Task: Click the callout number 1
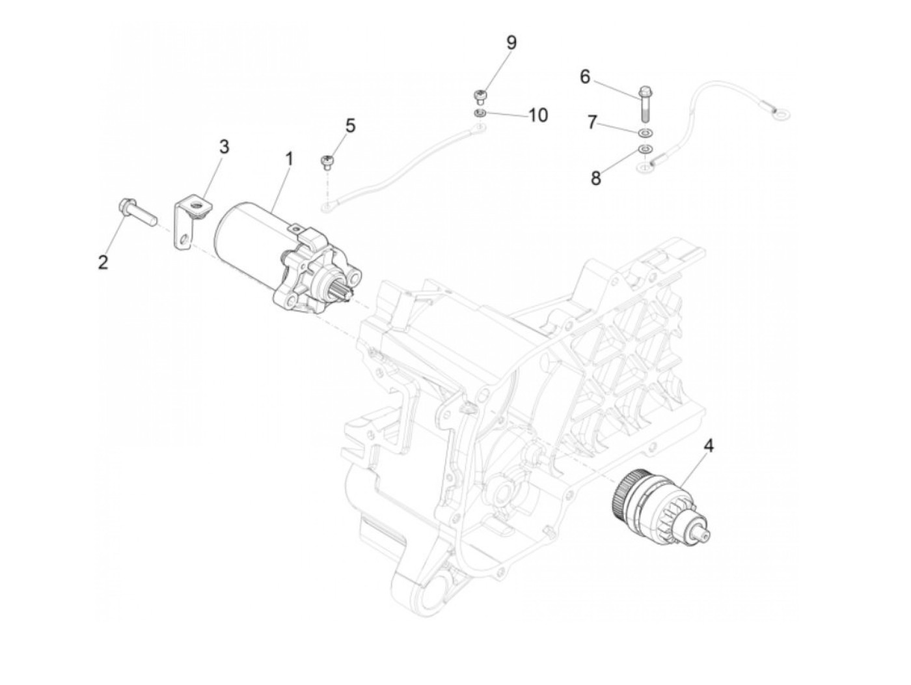point(288,158)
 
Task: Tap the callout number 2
point(103,262)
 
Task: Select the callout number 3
point(224,147)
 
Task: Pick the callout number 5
point(351,125)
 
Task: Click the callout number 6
point(585,77)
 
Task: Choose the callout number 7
point(591,122)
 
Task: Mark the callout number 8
point(596,177)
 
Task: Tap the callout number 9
point(511,42)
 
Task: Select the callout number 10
point(538,115)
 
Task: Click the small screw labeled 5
point(327,161)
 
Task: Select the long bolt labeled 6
point(646,104)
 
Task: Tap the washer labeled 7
point(645,133)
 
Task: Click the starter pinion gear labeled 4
point(657,507)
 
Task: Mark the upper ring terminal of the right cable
point(781,115)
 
